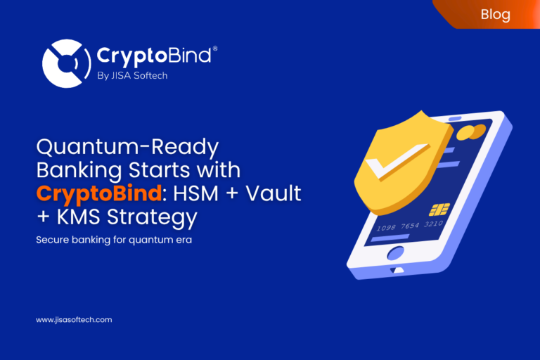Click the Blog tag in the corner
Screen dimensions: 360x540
495,14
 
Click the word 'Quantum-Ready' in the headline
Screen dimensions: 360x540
127,148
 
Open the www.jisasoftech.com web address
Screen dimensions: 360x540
74,320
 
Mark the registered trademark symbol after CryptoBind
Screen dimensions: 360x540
214,49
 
